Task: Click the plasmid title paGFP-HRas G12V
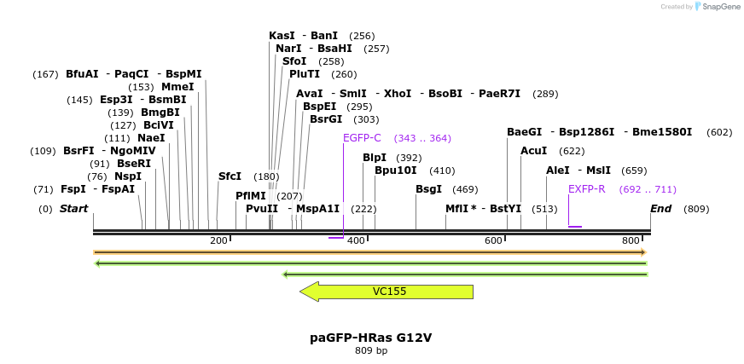(370, 338)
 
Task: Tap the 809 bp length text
(370, 350)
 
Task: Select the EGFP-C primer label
(362, 138)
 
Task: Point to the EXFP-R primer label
(586, 189)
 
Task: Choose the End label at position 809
(660, 209)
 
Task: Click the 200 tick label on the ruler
(218, 241)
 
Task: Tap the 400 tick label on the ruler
(356, 241)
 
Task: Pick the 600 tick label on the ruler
(493, 241)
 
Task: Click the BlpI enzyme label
(375, 158)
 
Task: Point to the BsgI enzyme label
(428, 189)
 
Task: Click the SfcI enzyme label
(230, 176)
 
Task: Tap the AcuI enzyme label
(534, 151)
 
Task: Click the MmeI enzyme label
(177, 87)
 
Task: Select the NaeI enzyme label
(151, 138)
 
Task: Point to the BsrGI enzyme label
(325, 119)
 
